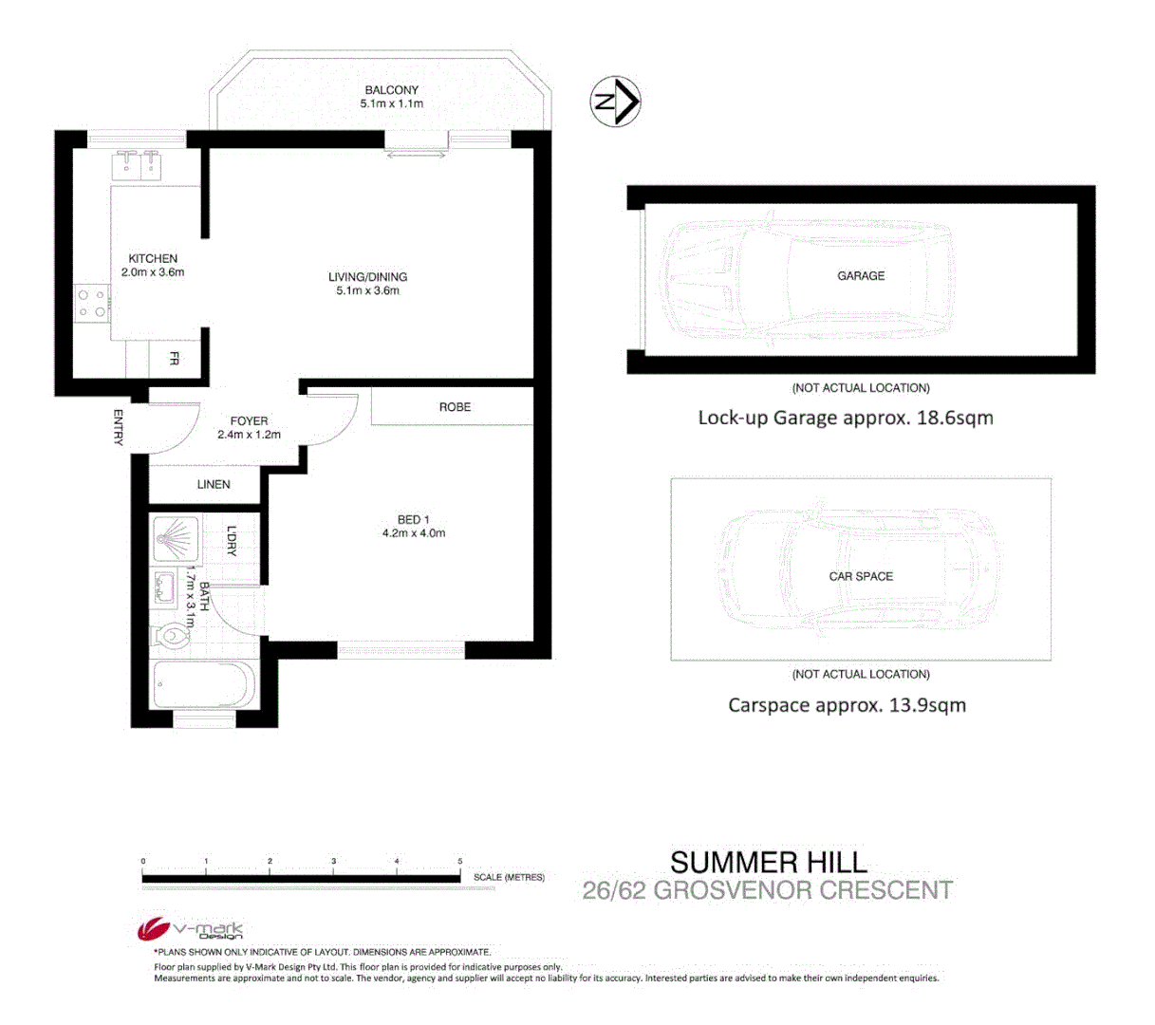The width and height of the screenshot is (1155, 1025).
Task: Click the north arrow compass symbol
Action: click(x=616, y=101)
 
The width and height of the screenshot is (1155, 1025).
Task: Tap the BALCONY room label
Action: click(x=391, y=90)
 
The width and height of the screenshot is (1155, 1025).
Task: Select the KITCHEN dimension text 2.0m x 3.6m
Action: click(x=153, y=272)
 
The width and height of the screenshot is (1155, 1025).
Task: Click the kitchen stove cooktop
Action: click(x=92, y=304)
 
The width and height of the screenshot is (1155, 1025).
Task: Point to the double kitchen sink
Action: click(x=139, y=165)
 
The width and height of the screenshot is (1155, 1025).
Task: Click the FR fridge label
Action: click(x=174, y=359)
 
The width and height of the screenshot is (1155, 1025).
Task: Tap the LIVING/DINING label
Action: click(x=367, y=277)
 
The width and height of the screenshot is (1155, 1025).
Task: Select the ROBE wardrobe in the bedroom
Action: click(x=454, y=406)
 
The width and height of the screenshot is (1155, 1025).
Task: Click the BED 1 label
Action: click(x=413, y=519)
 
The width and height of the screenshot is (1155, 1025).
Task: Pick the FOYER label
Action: click(x=249, y=420)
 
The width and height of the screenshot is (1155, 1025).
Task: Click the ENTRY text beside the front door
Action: click(x=119, y=427)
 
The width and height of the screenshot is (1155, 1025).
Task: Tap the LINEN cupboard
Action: click(x=213, y=484)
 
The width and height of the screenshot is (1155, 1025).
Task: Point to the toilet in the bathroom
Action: click(x=171, y=633)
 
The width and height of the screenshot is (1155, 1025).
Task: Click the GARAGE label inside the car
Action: click(x=860, y=275)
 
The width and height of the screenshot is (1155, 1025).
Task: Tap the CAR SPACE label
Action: click(x=860, y=576)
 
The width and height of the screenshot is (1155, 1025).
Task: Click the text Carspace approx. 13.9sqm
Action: click(x=847, y=705)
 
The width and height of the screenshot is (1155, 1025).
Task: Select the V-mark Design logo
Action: click(x=191, y=930)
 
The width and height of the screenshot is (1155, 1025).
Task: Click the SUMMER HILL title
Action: click(x=768, y=862)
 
